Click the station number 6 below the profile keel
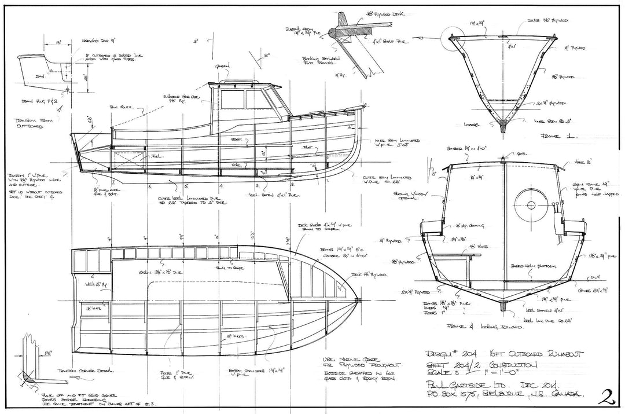coord(150,186)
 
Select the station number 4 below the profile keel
coord(221,186)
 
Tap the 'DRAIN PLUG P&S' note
coord(36,102)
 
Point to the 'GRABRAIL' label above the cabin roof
coord(223,66)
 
